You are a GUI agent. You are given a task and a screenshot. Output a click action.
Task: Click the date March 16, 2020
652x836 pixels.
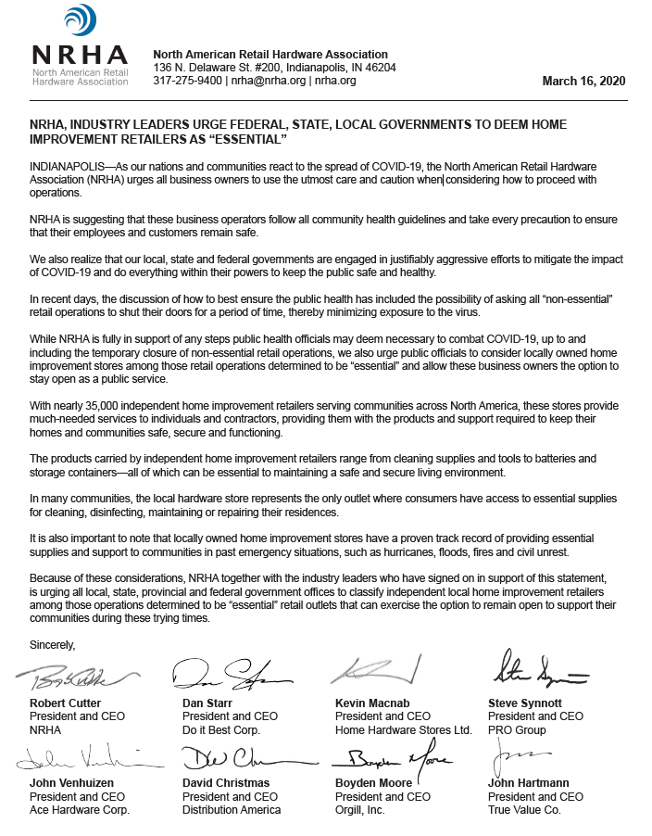(x=583, y=81)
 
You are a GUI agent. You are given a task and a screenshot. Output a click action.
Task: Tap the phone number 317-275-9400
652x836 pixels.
(x=187, y=81)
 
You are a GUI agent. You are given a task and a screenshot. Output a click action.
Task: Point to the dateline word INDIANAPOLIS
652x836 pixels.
(x=69, y=165)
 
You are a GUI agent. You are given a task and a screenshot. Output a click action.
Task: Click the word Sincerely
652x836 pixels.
(x=52, y=644)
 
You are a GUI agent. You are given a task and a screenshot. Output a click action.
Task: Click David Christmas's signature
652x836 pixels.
(x=231, y=763)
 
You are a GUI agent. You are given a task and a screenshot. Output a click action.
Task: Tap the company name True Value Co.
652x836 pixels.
(x=523, y=810)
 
